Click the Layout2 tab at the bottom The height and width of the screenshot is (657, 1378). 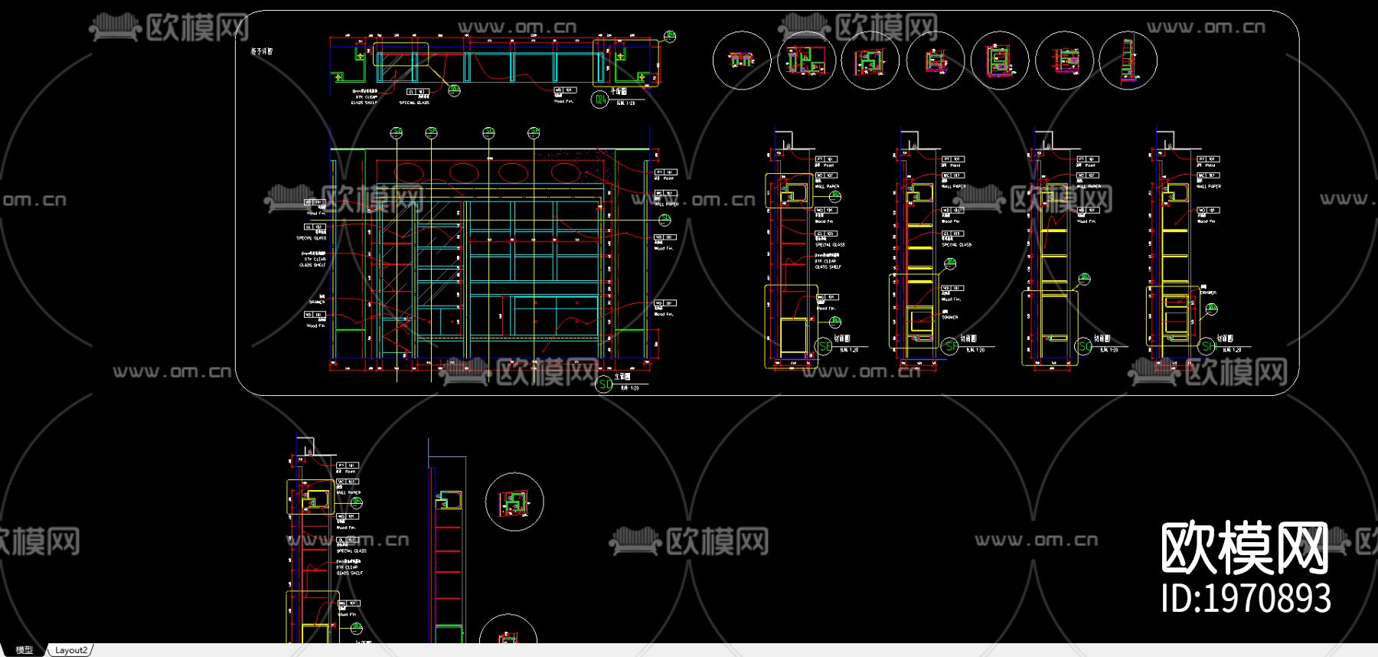coord(71,650)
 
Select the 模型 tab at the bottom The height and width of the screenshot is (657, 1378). coord(24,650)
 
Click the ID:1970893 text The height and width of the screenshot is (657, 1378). coord(1246,598)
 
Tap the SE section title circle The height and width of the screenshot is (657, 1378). coord(825,346)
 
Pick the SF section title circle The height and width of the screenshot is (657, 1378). coord(950,346)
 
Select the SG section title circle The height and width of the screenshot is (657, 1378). coord(1084,346)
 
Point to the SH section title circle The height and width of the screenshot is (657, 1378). coord(1207,346)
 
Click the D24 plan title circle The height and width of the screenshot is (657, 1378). coord(600,99)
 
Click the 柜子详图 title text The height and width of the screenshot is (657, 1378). coord(262,51)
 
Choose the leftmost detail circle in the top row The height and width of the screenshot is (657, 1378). coord(741,60)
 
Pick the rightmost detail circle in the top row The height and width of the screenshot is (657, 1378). coord(1128,60)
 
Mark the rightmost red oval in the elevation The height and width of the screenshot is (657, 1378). coord(566,172)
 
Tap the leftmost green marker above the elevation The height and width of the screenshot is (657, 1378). coord(397,133)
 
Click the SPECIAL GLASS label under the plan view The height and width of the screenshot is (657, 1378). coord(414,102)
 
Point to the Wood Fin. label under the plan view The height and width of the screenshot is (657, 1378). coord(563,100)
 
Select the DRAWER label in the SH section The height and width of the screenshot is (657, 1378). coord(1208,293)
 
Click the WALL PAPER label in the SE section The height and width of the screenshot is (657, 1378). coord(827,186)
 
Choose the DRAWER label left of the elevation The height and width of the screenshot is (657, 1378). coord(317,302)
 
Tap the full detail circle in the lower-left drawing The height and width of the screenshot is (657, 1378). coord(514,502)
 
